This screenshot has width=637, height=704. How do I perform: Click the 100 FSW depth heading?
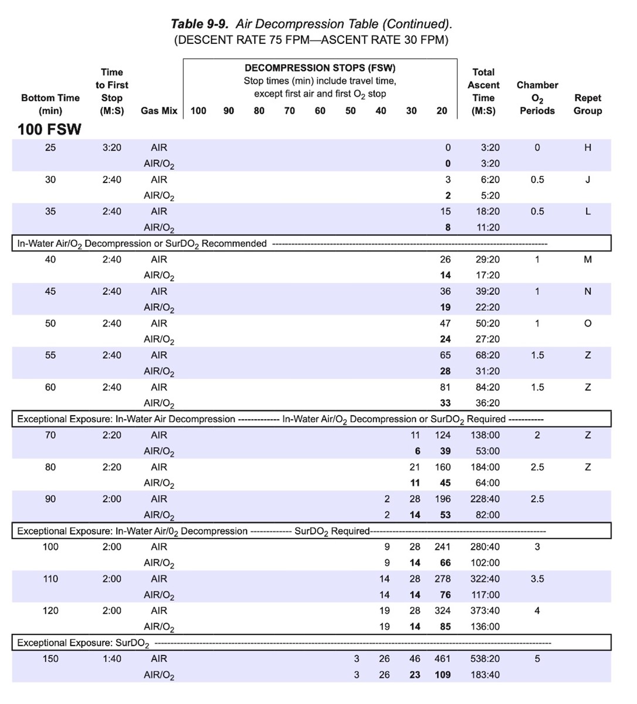49,129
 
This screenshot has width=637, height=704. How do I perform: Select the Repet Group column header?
588,104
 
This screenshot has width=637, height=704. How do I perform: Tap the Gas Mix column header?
159,111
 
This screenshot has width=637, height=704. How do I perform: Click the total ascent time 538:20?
485,659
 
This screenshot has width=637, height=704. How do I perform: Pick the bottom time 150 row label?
50,659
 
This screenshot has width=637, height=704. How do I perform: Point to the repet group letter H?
588,148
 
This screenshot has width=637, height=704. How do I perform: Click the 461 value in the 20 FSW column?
442,659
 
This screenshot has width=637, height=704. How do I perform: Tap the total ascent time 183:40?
485,675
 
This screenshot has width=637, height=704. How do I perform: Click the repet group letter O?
588,324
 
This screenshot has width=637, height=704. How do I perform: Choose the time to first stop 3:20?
111,148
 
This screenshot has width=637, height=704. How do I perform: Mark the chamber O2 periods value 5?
537,659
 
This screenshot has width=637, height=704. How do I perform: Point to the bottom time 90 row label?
50,499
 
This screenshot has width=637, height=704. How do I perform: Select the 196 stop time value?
442,499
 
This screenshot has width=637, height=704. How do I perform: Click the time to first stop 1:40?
111,659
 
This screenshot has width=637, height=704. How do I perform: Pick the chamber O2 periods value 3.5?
537,579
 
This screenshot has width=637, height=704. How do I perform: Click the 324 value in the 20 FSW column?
442,611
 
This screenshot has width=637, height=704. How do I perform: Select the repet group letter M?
588,260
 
